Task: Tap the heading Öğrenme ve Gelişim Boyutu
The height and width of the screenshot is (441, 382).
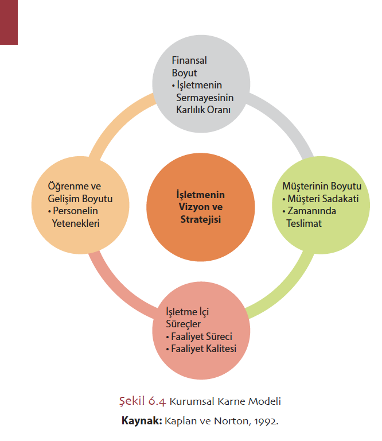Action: pyautogui.click(x=72, y=192)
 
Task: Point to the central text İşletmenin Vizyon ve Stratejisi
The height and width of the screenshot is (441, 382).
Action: pyautogui.click(x=200, y=207)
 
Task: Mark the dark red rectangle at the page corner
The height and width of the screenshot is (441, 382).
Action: pyautogui.click(x=9, y=22)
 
